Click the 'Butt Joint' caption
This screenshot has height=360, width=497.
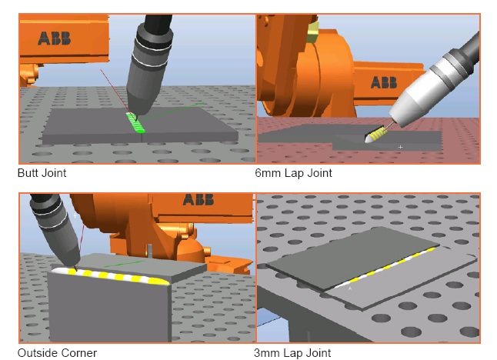[x=42, y=173]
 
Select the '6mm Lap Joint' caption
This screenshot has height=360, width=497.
[x=294, y=173]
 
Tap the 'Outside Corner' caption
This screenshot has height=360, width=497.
[x=57, y=353]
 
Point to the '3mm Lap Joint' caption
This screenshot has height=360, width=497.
[x=292, y=353]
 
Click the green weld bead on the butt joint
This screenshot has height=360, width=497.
[x=135, y=123]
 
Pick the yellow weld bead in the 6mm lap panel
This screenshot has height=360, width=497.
[x=375, y=135]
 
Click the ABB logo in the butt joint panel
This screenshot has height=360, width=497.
[x=54, y=38]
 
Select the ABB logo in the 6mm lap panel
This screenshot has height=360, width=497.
[x=384, y=82]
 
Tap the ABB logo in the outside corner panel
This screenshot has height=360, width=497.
[x=198, y=200]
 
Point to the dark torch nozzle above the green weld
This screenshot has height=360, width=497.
[x=142, y=95]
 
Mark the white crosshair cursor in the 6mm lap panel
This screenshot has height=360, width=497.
[x=401, y=147]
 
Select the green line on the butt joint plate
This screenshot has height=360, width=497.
[x=171, y=112]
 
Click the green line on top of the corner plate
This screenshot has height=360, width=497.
[x=124, y=264]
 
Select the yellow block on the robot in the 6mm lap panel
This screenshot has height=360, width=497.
[x=313, y=32]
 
